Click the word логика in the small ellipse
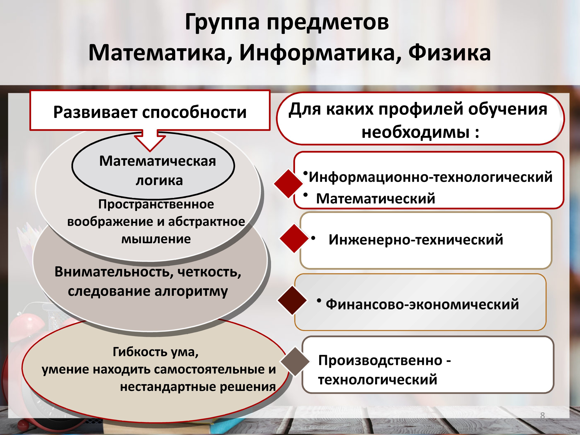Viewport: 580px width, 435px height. pyautogui.click(x=159, y=181)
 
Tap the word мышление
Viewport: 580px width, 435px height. pyautogui.click(x=156, y=239)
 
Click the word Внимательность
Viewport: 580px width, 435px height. pyautogui.click(x=113, y=272)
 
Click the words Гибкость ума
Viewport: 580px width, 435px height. pyautogui.click(x=155, y=352)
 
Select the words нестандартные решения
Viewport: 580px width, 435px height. pyautogui.click(x=198, y=387)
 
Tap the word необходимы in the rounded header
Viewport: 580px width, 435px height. pyautogui.click(x=416, y=132)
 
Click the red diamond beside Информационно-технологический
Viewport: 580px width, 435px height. pyautogui.click(x=288, y=183)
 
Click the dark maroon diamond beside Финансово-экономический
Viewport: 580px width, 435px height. pyautogui.click(x=292, y=300)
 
